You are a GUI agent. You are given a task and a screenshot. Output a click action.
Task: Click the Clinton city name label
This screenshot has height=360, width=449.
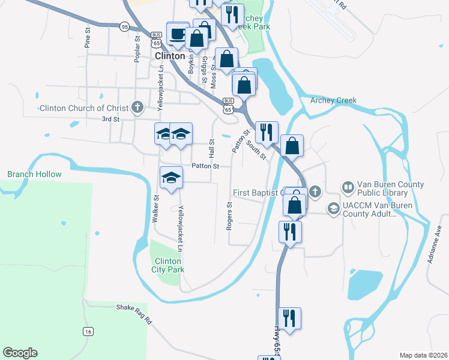coord(169,55)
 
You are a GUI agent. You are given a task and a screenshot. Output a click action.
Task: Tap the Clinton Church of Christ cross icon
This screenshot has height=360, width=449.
coord(137,108)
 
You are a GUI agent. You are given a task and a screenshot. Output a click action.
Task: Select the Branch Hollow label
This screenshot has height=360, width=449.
coord(34,174)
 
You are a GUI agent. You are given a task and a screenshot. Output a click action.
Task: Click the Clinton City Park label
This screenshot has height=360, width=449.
coord(169,265)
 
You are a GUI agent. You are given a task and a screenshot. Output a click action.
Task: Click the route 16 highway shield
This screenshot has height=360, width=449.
coord(88,331)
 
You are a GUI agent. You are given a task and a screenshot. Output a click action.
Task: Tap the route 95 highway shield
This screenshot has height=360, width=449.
coord(124,26)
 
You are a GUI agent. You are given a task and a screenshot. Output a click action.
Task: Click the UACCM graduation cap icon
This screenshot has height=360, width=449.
coord(333,208)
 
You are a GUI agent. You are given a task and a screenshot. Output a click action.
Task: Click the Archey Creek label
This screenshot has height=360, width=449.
coord(333,100)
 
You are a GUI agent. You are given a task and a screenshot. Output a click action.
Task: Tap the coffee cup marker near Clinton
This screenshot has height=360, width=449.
coord(177,34)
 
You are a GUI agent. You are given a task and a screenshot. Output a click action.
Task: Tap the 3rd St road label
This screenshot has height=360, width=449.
coord(110,119)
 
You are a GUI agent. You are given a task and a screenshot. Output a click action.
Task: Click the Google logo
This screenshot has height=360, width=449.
coord(20,353)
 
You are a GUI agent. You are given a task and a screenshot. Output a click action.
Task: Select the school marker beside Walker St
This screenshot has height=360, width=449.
coord(171,178)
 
